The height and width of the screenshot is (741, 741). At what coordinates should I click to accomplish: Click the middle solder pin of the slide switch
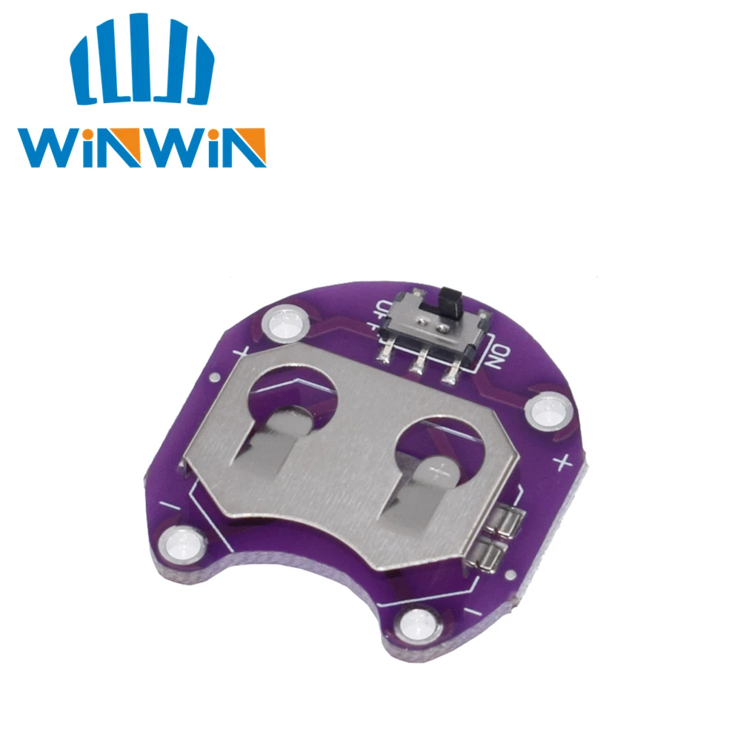(419, 362)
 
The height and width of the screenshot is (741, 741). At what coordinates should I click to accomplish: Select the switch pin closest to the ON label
(450, 373)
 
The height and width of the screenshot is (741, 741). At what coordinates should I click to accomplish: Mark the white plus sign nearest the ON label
(563, 464)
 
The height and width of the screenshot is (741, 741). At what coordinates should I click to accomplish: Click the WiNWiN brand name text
(140, 147)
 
